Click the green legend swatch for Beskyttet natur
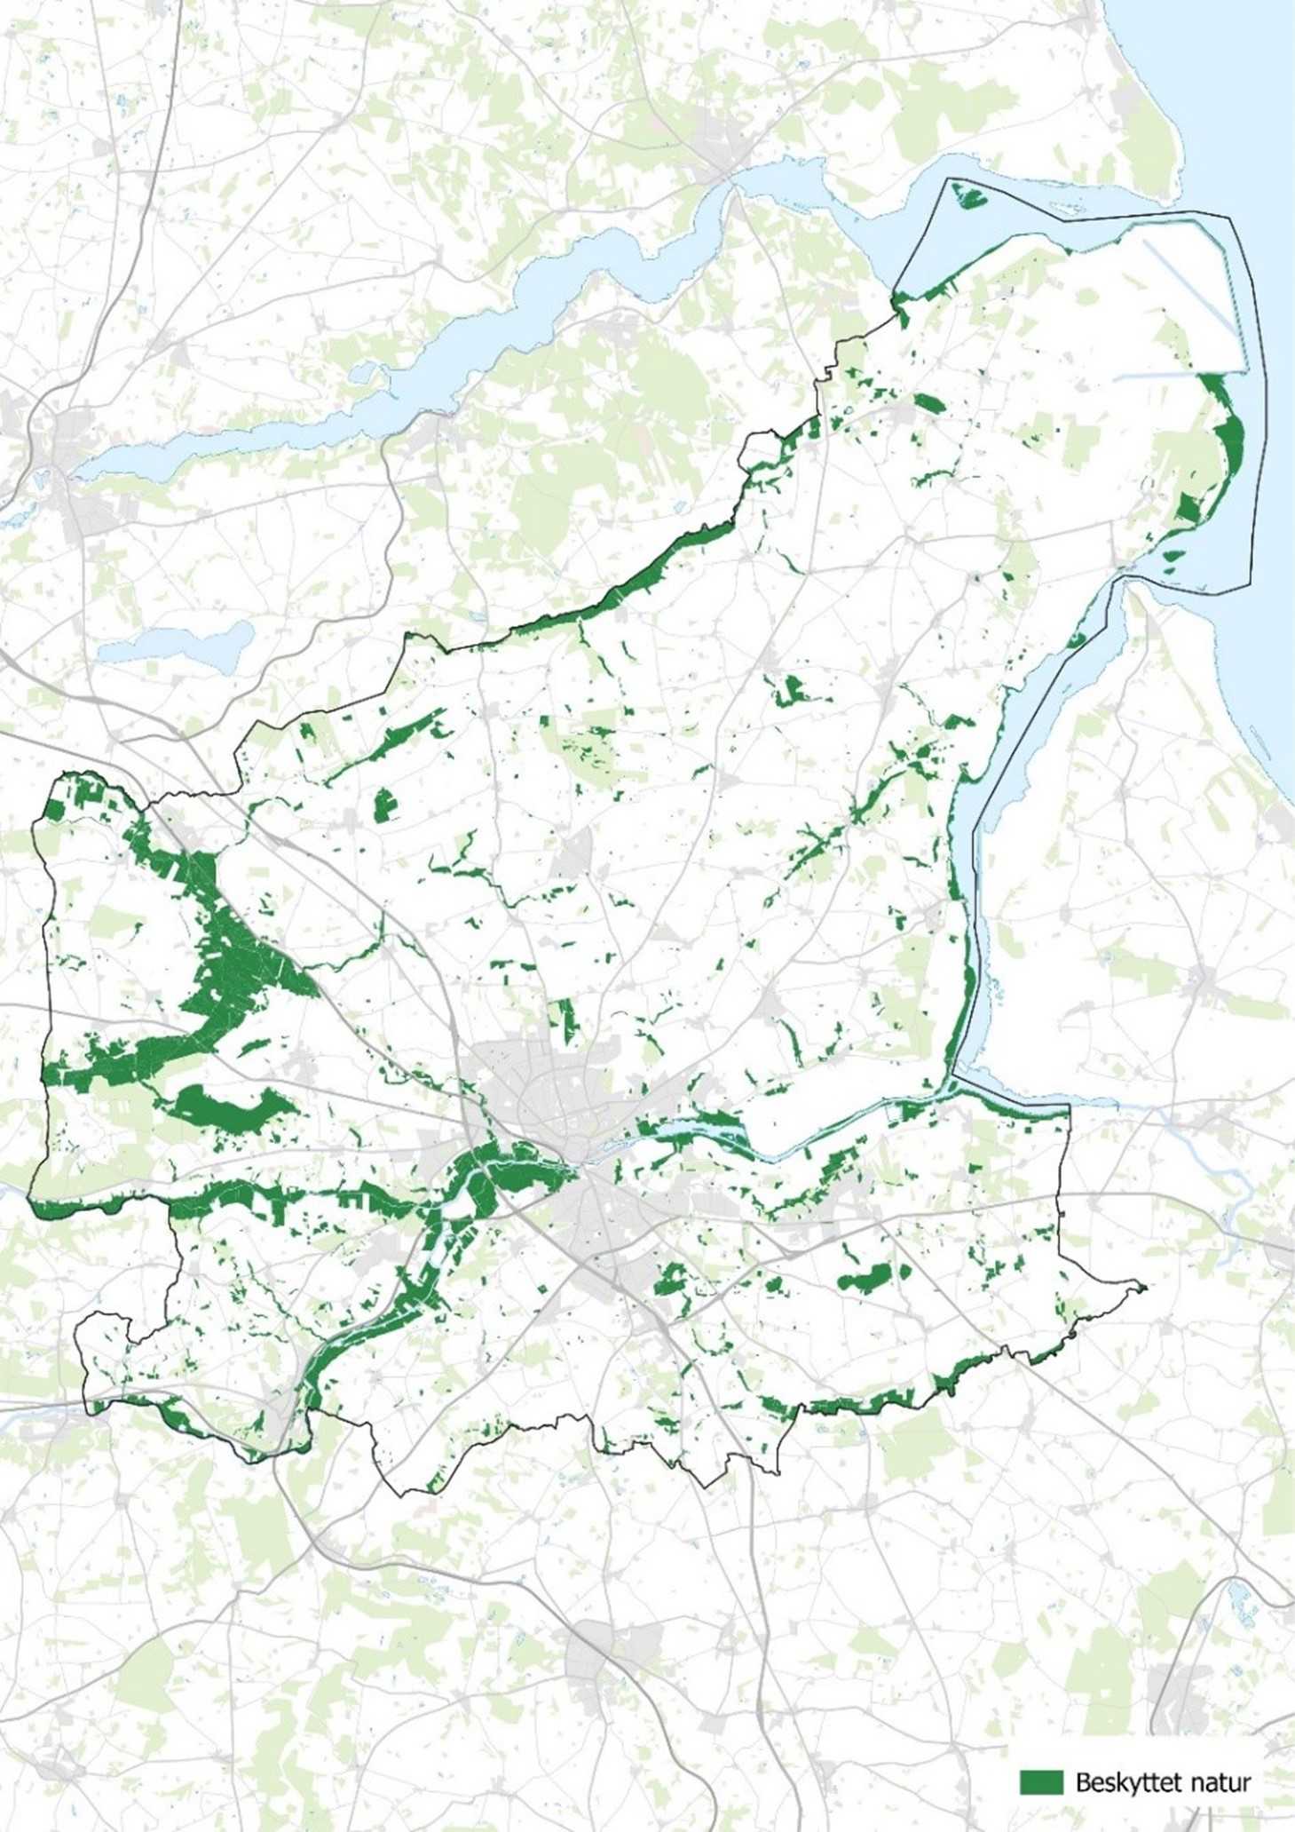click(1041, 1781)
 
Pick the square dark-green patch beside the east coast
click(1188, 508)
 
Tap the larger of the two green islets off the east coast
click(1173, 557)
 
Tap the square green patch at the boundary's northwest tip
click(55, 810)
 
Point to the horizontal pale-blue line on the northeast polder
click(1163, 374)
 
